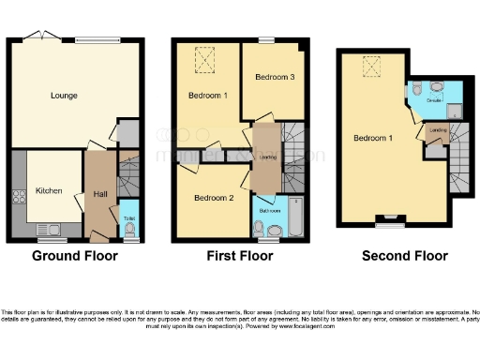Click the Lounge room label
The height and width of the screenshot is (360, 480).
coord(64,96)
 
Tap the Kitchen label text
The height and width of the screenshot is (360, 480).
coord(49,190)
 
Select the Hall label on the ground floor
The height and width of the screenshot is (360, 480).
coord(100,194)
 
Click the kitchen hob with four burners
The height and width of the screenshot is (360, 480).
coord(19,198)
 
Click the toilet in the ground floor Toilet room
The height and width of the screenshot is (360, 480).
coord(129,226)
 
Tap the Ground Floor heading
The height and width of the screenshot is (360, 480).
coord(75,256)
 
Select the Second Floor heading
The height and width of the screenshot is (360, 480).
coord(404,256)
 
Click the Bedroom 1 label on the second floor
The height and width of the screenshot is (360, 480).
coord(372,139)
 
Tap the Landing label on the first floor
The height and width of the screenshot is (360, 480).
coord(267,157)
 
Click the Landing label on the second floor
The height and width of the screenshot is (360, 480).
coord(436,130)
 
